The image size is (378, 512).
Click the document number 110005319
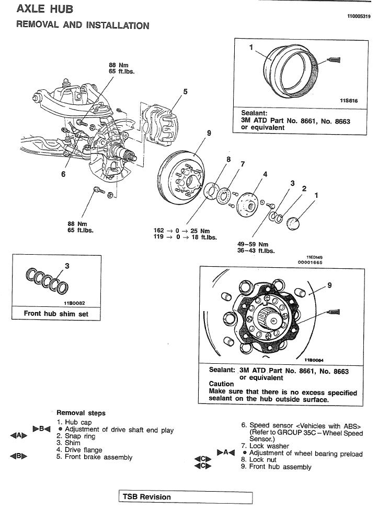tap(358, 17)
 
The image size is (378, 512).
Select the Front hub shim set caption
tap(55, 314)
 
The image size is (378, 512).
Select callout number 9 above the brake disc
tap(209, 133)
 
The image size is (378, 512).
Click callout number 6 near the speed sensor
tap(63, 174)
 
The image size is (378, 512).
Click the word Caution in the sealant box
tap(222, 384)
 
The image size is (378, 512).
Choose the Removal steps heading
tap(81, 413)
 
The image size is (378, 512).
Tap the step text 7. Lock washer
tap(266, 446)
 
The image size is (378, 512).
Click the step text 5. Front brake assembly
tap(95, 457)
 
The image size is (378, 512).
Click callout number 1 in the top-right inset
tap(251, 47)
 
